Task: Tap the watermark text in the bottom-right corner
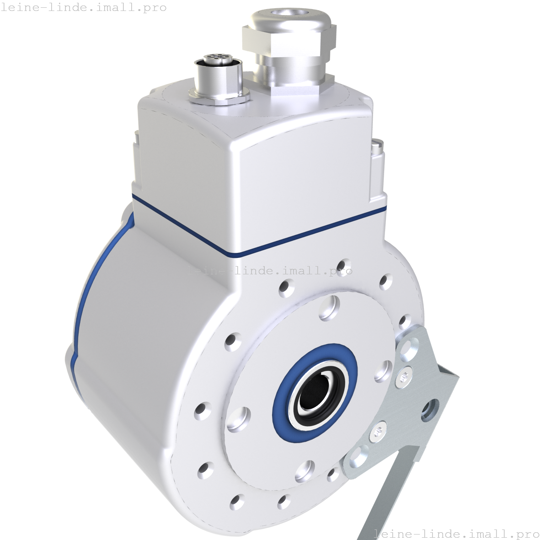coord(457,533)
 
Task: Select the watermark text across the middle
coord(270,270)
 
